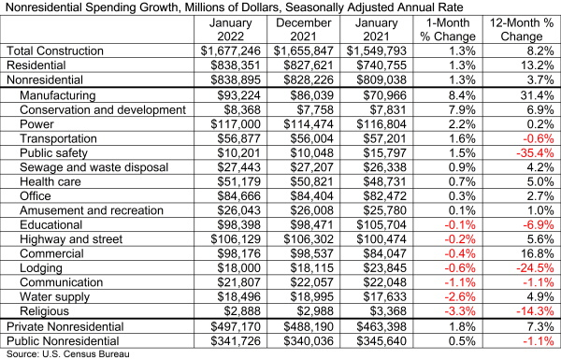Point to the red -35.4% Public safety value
529,152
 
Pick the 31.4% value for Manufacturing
531,96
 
